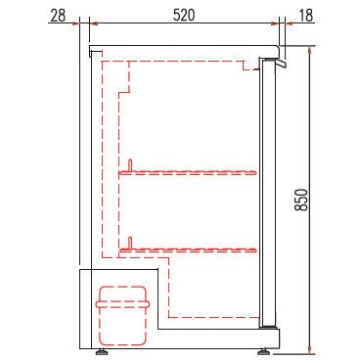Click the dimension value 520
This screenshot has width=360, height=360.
(184, 15)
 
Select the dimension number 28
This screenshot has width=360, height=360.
(59, 15)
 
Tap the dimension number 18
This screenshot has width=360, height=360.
(305, 15)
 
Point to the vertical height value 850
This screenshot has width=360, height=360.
(301, 200)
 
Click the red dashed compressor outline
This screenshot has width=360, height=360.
(122, 316)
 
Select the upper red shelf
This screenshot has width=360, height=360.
(188, 172)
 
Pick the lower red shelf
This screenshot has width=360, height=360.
(188, 250)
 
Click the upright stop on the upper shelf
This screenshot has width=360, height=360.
(130, 165)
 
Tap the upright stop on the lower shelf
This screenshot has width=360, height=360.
(130, 243)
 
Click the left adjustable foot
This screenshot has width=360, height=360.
(103, 352)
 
